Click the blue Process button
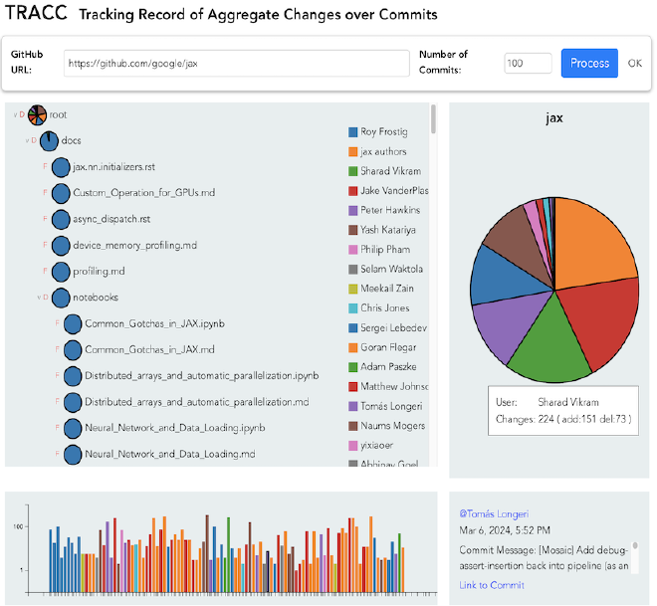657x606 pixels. (589, 64)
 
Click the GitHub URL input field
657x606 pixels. (236, 64)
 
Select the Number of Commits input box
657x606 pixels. (528, 64)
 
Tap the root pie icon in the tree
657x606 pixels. (37, 115)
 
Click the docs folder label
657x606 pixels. (71, 140)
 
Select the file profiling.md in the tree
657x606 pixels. (99, 272)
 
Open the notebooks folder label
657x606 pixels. (96, 298)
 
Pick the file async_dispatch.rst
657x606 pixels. (111, 219)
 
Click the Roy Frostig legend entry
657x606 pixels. (378, 132)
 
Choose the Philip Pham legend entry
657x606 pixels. (379, 250)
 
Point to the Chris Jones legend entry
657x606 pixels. (379, 308)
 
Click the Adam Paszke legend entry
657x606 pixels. (382, 367)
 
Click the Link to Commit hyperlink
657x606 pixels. (492, 585)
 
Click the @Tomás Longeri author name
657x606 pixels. (494, 513)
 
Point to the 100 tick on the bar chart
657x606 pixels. (18, 526)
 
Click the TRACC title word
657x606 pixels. (36, 12)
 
